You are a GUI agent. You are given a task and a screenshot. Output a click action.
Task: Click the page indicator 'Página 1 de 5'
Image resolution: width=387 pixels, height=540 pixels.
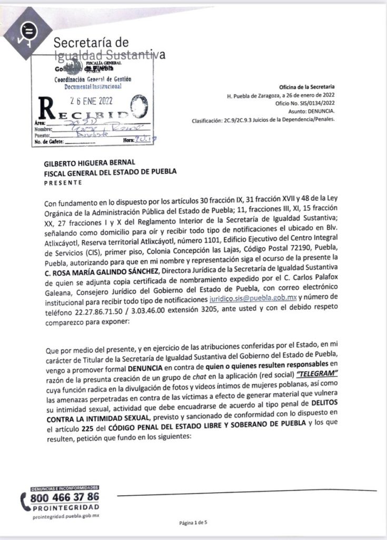click(194, 523)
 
